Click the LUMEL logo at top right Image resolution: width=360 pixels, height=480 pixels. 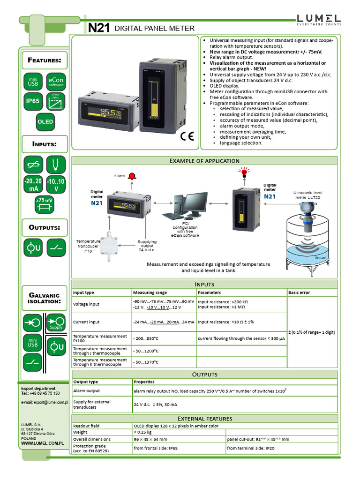[x=318, y=19]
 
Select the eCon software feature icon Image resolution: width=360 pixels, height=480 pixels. [x=56, y=82]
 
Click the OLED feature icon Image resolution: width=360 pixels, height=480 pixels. [x=45, y=121]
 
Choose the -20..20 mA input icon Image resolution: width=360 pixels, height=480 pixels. [x=33, y=185]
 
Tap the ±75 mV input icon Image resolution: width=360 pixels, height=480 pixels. [x=45, y=205]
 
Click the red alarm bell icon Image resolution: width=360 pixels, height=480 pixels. [x=132, y=176]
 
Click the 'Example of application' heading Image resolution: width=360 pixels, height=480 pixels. [x=204, y=161]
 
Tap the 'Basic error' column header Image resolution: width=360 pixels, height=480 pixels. [x=299, y=292]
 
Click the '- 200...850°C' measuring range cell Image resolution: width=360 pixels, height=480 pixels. [x=146, y=338]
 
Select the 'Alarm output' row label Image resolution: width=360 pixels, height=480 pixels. [x=86, y=390]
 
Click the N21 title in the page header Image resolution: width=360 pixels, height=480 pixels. [x=99, y=29]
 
